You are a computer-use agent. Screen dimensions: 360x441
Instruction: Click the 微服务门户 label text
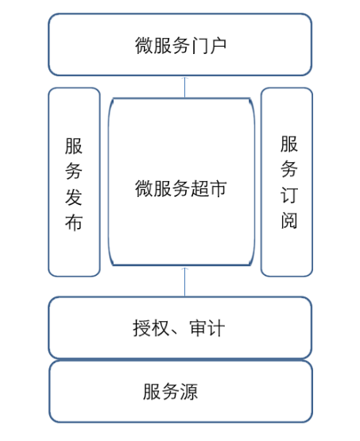(180, 45)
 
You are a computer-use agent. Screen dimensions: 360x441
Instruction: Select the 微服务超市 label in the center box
(180, 188)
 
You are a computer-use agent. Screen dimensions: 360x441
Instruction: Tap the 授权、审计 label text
(179, 328)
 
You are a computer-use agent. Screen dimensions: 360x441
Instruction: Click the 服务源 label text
(170, 391)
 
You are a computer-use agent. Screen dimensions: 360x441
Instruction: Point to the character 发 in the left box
(74, 197)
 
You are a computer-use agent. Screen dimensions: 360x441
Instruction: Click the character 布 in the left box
(74, 222)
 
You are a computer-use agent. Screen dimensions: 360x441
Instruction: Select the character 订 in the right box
(289, 195)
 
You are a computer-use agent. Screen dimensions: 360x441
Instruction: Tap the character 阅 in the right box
(289, 220)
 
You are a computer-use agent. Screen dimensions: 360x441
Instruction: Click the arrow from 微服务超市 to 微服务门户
(185, 87)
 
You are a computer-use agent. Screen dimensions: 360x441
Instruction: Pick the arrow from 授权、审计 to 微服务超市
(185, 282)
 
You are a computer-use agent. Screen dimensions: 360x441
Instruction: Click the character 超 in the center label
(199, 188)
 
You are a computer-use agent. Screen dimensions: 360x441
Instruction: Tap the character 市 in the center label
(218, 188)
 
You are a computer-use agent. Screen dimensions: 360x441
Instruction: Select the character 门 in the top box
(199, 45)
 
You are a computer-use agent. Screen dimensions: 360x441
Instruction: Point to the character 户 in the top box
(218, 45)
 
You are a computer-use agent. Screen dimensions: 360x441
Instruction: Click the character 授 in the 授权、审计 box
(142, 328)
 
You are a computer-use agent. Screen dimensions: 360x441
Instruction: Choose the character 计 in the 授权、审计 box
(216, 328)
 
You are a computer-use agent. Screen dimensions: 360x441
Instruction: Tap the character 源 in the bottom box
(189, 391)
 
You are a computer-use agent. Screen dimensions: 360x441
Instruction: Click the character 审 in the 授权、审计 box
(198, 328)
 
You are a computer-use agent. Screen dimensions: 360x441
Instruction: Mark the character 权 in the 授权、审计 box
(161, 328)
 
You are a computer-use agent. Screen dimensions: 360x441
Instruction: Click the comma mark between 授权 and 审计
(175, 333)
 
